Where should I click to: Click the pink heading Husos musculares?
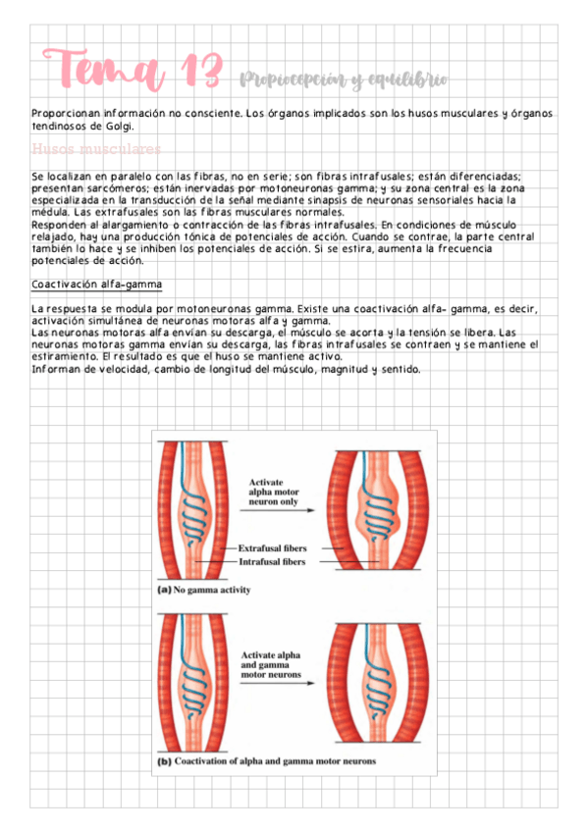tap(96, 149)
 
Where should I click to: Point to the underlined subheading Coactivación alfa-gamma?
tap(96, 285)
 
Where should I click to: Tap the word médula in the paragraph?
tap(50, 212)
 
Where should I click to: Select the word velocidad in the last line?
tap(124, 369)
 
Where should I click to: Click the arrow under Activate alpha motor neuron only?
tap(279, 509)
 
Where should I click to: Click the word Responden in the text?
tap(61, 224)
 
